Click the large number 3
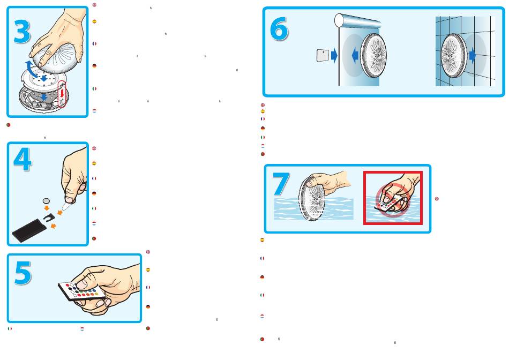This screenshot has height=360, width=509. (x=22, y=32)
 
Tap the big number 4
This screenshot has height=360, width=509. (x=23, y=159)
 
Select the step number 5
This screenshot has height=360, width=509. (x=23, y=273)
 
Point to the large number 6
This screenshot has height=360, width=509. (x=279, y=29)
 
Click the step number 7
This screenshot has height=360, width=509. (x=281, y=184)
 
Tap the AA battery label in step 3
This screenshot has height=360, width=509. (x=39, y=105)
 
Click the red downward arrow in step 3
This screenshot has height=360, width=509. (x=62, y=94)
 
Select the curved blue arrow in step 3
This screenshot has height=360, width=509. (x=31, y=67)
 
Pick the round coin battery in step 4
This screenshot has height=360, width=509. (x=47, y=201)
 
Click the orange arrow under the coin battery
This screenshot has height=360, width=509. (x=47, y=208)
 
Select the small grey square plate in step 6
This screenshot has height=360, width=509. (x=323, y=55)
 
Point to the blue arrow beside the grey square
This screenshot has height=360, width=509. (x=334, y=56)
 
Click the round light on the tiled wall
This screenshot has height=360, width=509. (x=454, y=56)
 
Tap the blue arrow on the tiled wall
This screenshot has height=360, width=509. (x=473, y=56)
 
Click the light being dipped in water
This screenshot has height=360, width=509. (x=312, y=198)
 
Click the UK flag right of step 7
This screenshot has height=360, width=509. (x=437, y=199)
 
